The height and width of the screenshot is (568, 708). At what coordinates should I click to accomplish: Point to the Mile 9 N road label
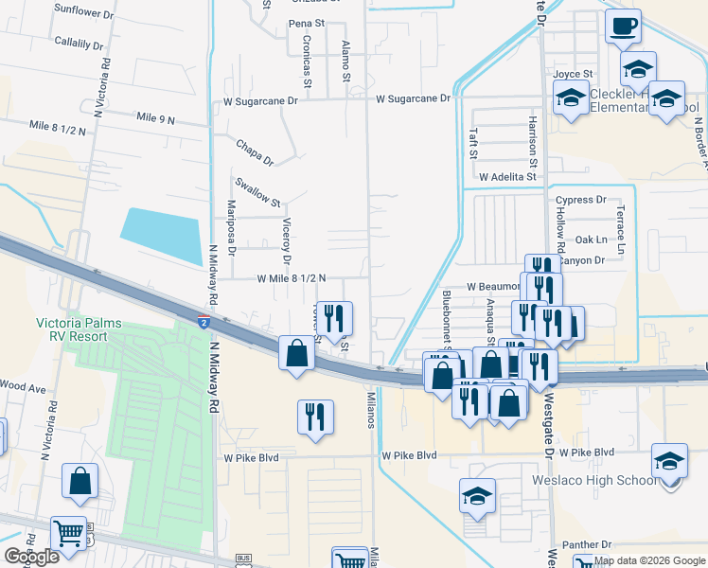[x=156, y=118]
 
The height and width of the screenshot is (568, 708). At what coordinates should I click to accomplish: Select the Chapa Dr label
[x=255, y=152]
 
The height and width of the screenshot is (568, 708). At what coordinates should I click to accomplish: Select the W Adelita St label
[x=507, y=177]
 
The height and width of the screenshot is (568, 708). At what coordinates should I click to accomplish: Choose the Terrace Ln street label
[x=621, y=230]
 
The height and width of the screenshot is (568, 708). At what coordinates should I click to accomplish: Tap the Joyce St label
[x=573, y=74]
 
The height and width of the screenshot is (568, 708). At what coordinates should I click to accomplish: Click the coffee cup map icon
[x=622, y=27]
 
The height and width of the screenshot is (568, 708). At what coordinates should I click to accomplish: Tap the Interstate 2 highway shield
[x=204, y=323]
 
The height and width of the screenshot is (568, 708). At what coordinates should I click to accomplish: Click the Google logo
[x=32, y=557]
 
